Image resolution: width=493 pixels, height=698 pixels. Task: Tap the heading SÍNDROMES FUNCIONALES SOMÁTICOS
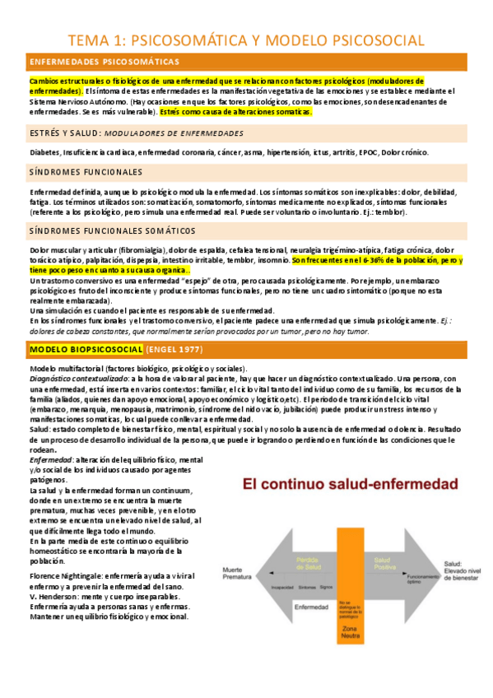pyautogui.click(x=113, y=231)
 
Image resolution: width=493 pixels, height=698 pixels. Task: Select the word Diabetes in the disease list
pyautogui.click(x=44, y=152)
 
